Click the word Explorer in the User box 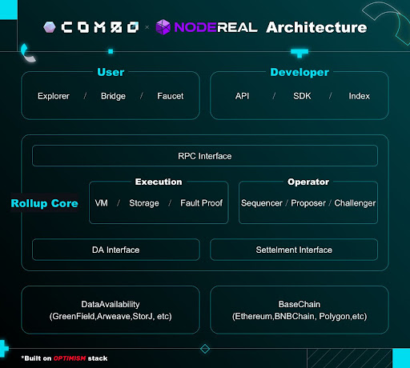(x=54, y=96)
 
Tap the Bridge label (x=113, y=96)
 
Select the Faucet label (x=171, y=96)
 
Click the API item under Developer (x=242, y=96)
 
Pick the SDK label (x=302, y=96)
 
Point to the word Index (x=360, y=96)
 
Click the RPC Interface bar (x=205, y=156)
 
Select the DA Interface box (x=116, y=250)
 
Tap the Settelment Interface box (x=294, y=250)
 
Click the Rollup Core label (x=45, y=203)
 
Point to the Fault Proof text (x=202, y=203)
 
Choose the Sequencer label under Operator (x=262, y=203)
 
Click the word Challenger (x=355, y=203)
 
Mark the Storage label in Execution (x=144, y=203)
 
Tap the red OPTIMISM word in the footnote (x=70, y=358)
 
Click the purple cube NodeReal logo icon (x=163, y=27)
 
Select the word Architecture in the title (x=316, y=27)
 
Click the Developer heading (x=299, y=72)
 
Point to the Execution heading (x=159, y=182)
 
